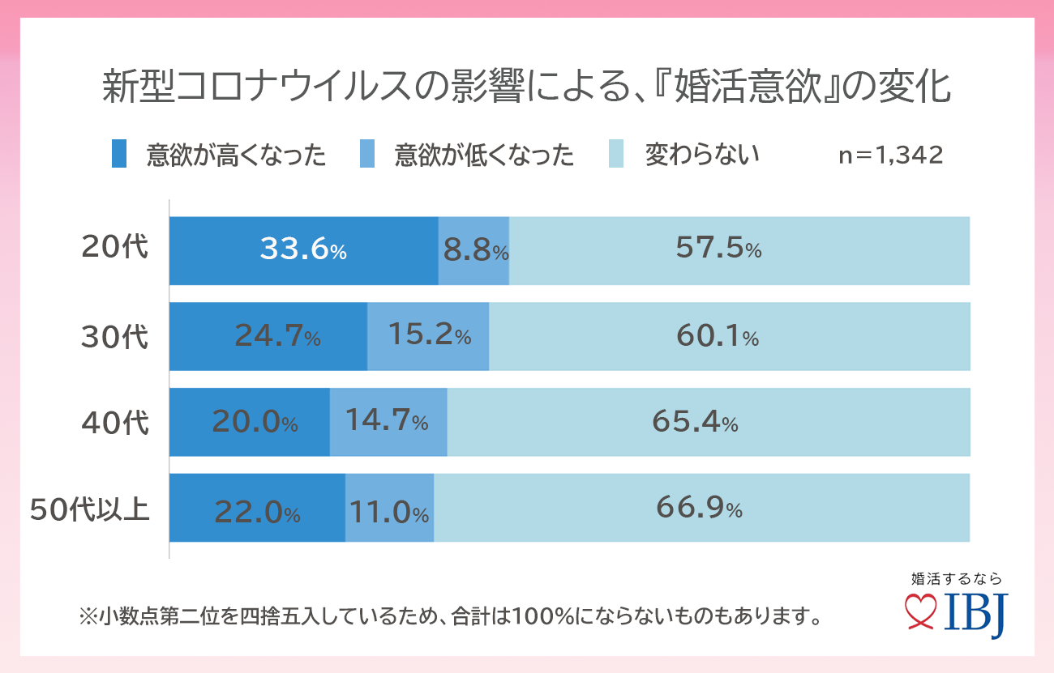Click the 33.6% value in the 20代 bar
[x=303, y=249]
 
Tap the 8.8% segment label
[x=475, y=250]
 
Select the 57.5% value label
[x=718, y=249]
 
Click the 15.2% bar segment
[x=429, y=335]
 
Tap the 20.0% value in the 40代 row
[x=255, y=421]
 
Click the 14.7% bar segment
[x=387, y=420]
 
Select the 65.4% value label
[x=695, y=421]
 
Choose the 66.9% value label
[x=699, y=509]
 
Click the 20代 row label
[x=115, y=249]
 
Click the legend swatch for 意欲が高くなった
[x=119, y=154]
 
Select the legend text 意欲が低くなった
[x=484, y=155]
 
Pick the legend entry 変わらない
[x=702, y=154]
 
